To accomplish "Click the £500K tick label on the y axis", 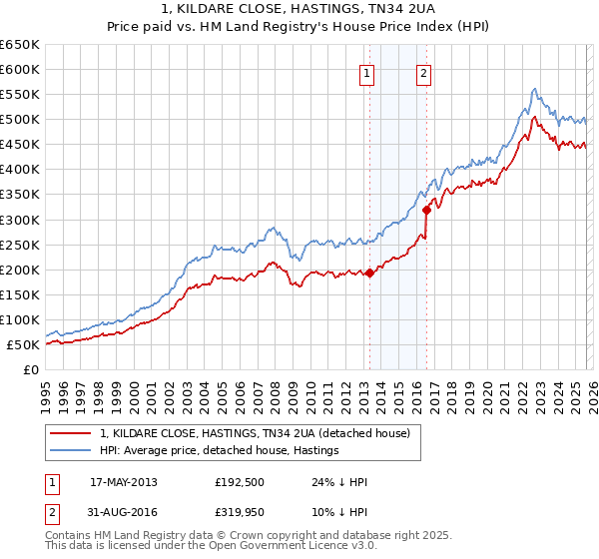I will (19, 120).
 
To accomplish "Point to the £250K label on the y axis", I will (19, 245).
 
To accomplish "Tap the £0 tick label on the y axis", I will (30, 370).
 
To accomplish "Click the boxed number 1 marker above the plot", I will (366, 73).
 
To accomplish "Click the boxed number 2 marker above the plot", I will (423, 73).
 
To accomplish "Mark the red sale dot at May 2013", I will (369, 273).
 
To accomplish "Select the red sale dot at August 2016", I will (426, 210).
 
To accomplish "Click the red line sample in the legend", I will (70, 433).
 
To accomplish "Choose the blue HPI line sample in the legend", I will (70, 450).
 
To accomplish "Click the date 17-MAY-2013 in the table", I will (123, 482).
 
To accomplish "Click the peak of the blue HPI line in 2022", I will (535, 89).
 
